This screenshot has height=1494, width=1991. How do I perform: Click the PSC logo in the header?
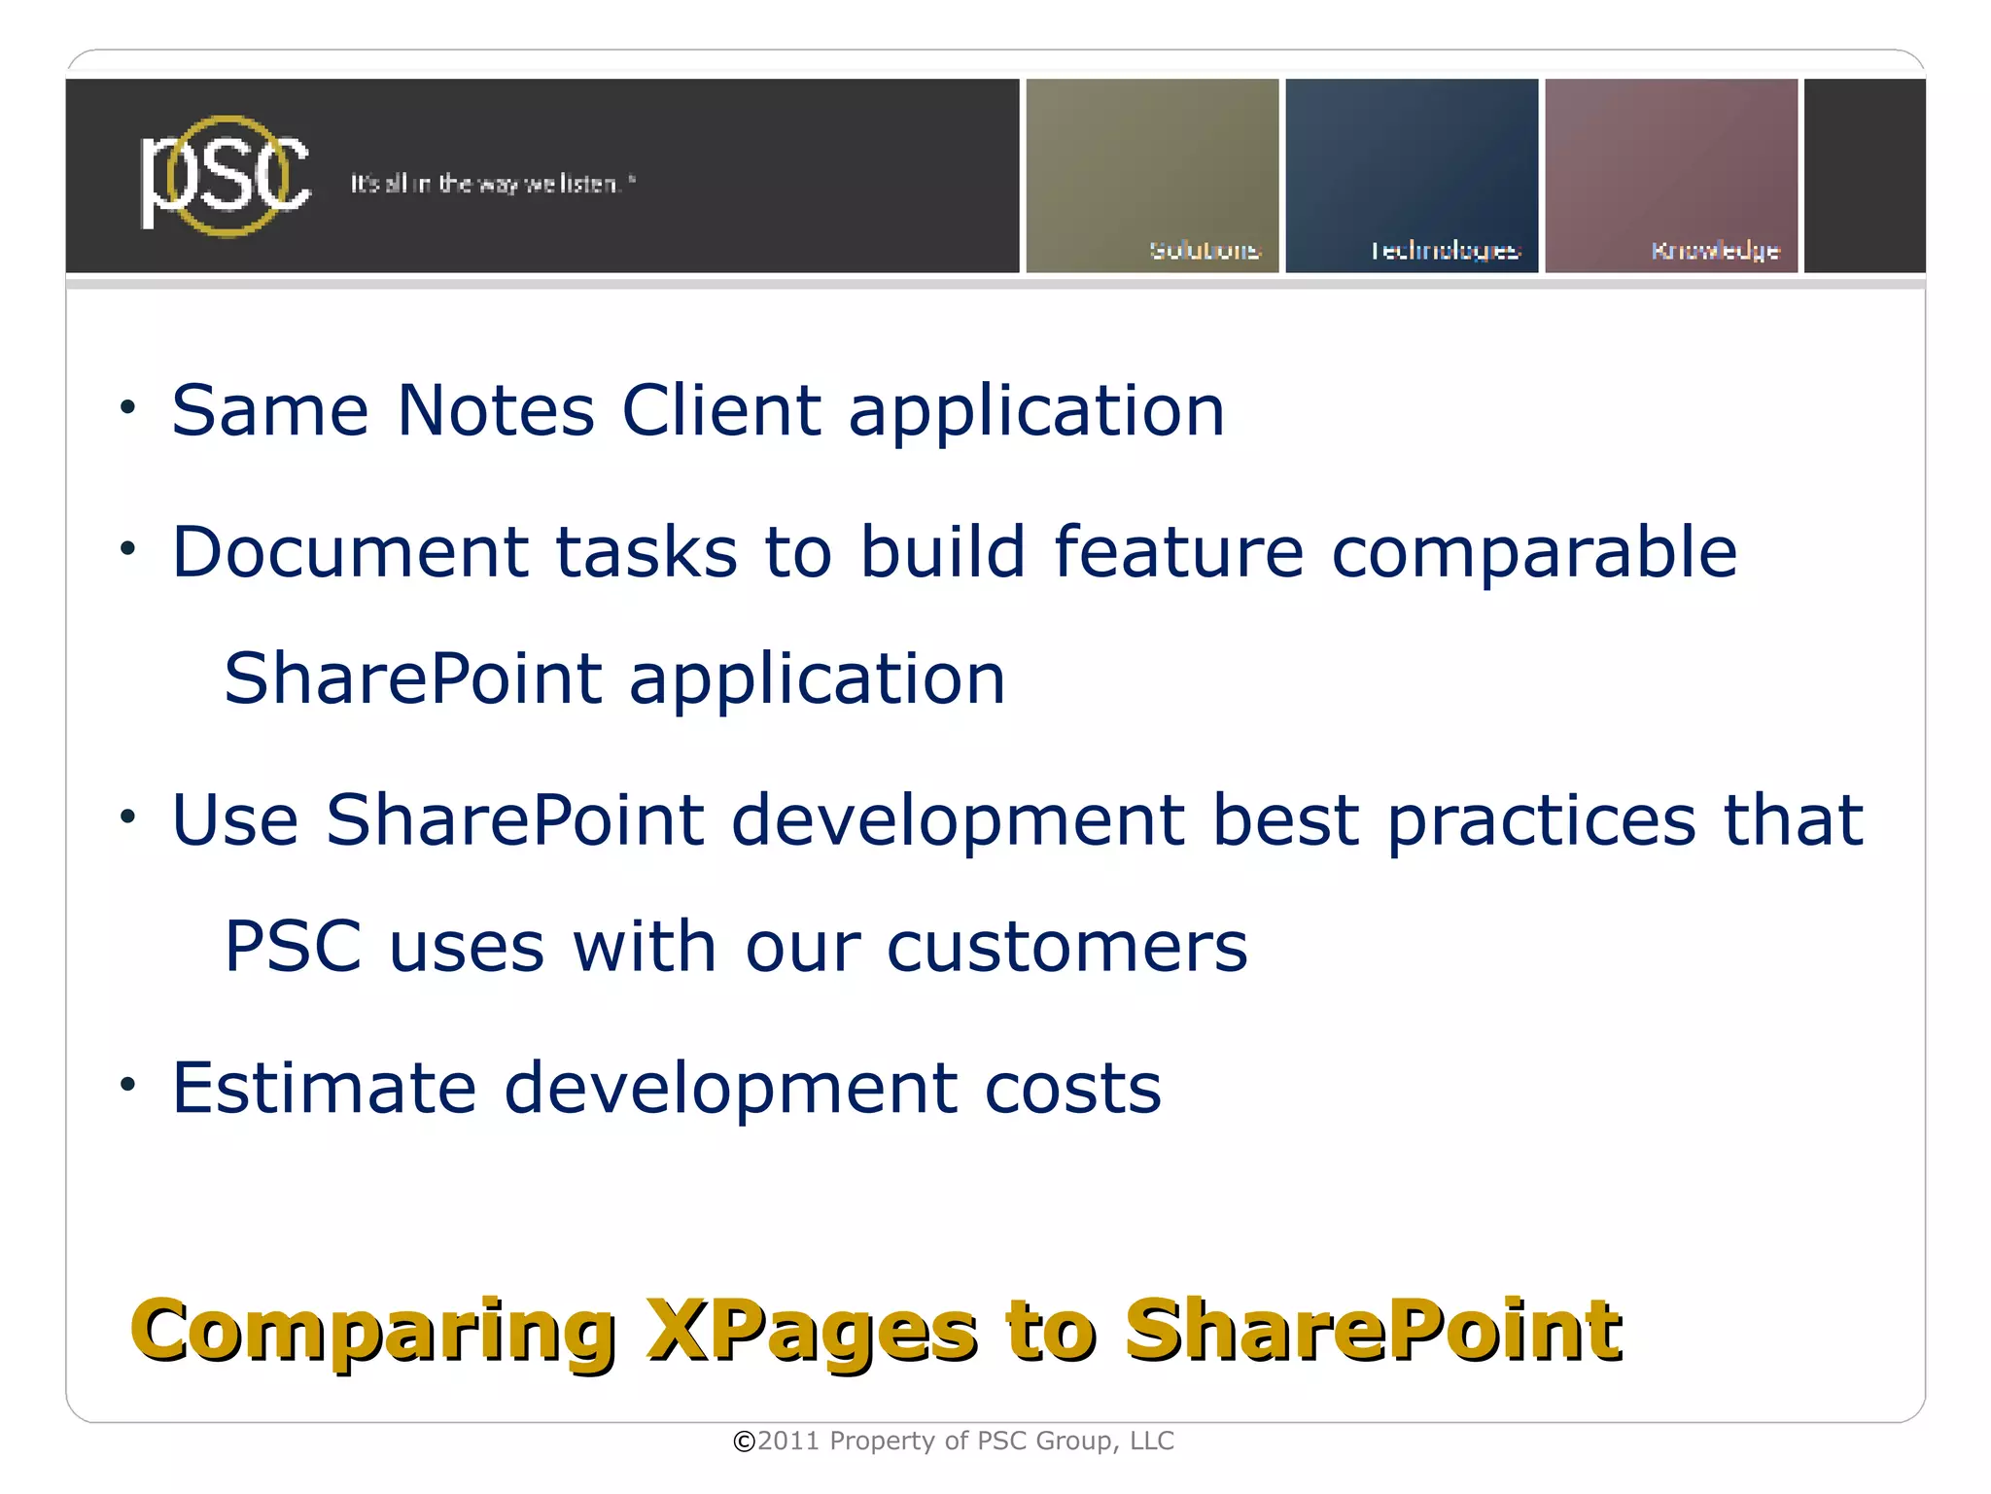pos(226,175)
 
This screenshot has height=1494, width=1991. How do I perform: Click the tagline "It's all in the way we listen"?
pos(492,184)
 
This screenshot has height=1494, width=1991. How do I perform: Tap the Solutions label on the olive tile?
pos(1205,250)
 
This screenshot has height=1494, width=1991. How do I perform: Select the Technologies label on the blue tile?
pos(1445,251)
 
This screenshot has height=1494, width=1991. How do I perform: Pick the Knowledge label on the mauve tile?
pos(1715,251)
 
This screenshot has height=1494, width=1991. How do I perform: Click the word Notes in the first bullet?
pos(496,410)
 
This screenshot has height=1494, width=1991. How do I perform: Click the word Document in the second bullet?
pos(350,552)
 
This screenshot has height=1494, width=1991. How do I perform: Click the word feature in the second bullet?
pos(1177,552)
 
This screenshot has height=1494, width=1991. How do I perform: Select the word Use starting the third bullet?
pos(234,819)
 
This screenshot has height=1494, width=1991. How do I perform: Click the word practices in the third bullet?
pos(1541,821)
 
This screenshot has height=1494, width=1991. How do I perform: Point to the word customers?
pos(1066,947)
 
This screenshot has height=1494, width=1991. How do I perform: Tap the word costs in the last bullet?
pos(1072,1089)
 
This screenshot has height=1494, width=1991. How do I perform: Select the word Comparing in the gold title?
pos(373,1332)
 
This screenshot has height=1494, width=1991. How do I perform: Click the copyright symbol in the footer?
pos(744,1442)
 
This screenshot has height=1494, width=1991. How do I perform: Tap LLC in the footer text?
pos(1152,1441)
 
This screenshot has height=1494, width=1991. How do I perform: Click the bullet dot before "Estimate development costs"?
pos(128,1084)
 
